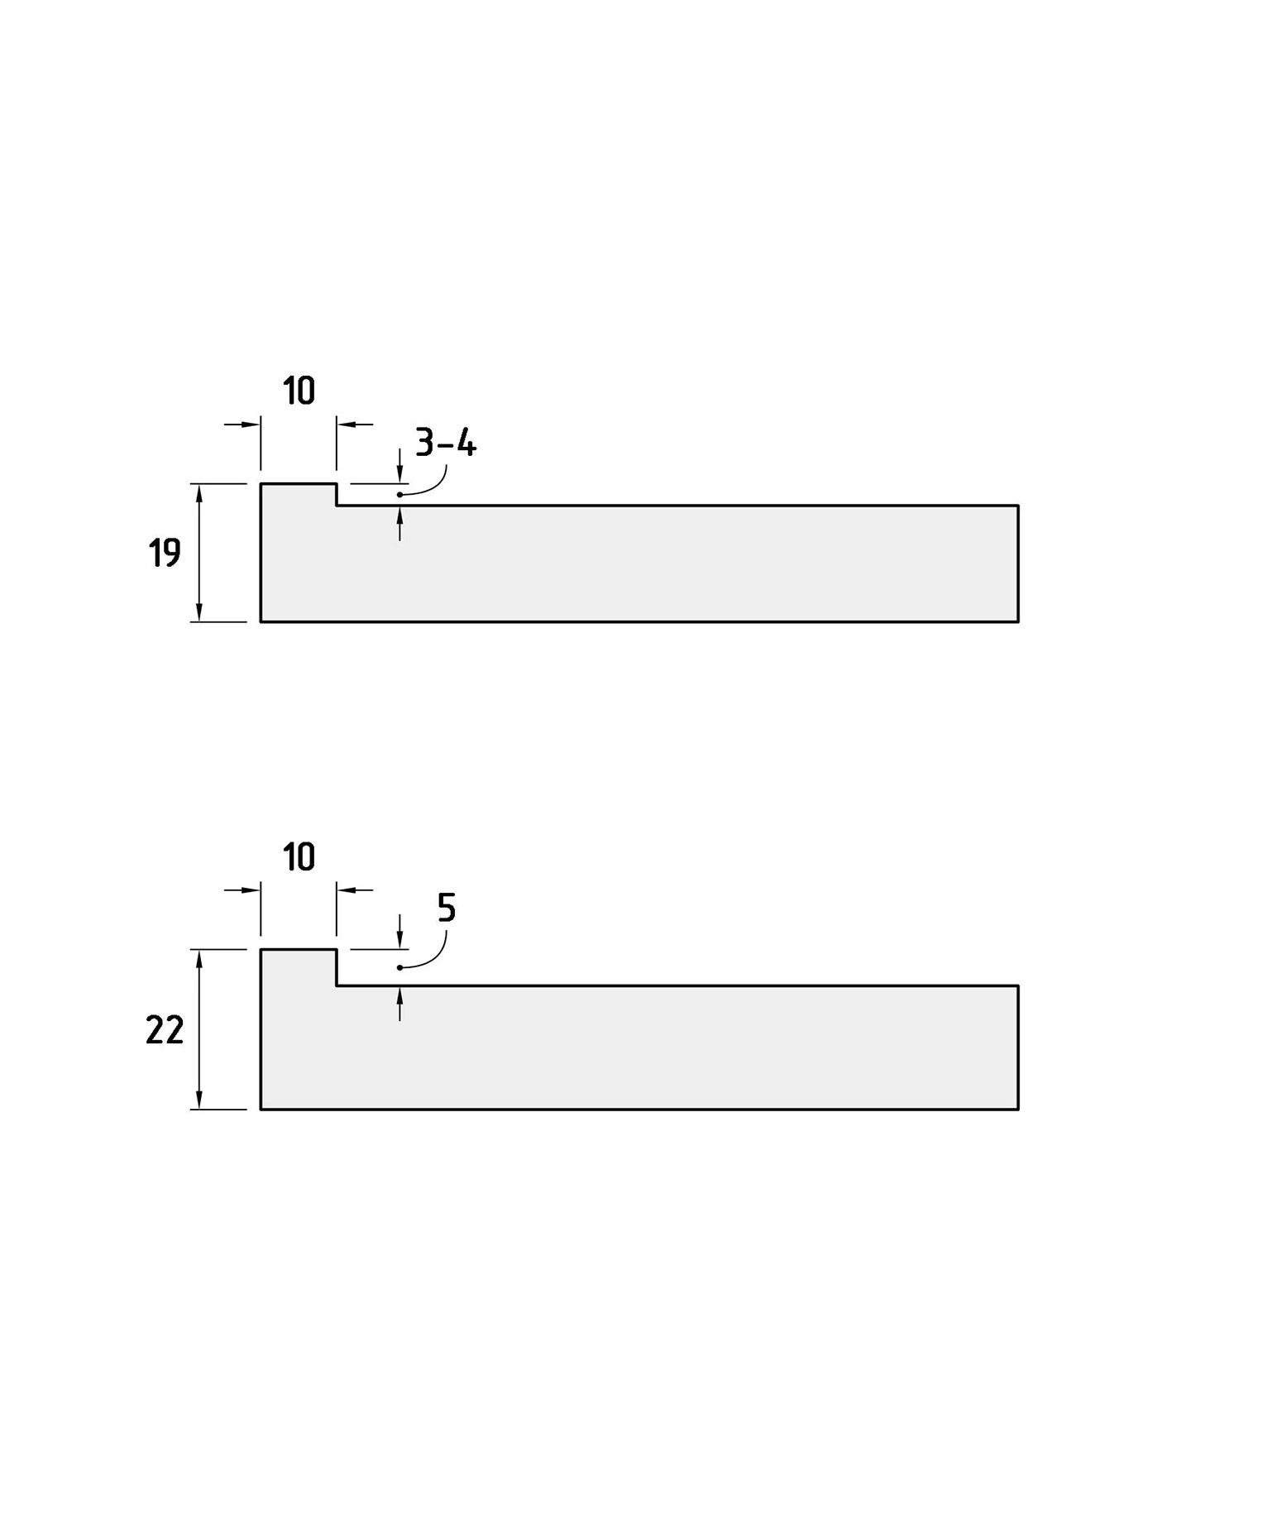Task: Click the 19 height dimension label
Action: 165,552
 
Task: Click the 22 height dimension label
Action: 165,1030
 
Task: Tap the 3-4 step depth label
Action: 446,443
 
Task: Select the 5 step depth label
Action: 447,908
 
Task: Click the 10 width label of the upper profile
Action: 299,391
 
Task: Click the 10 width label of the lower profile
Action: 299,857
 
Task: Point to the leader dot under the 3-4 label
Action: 399,495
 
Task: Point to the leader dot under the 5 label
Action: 399,967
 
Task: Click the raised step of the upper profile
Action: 299,494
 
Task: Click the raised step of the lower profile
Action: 299,967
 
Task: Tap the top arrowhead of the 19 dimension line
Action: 199,493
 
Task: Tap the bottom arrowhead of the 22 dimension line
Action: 199,1100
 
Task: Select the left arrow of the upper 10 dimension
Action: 242,424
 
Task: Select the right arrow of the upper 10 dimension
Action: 355,424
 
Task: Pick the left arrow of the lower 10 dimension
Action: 242,890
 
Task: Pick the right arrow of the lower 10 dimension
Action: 355,890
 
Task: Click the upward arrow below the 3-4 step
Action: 399,523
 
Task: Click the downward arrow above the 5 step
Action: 399,932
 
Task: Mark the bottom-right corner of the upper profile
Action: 1018,621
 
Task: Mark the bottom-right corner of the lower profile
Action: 1018,1110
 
